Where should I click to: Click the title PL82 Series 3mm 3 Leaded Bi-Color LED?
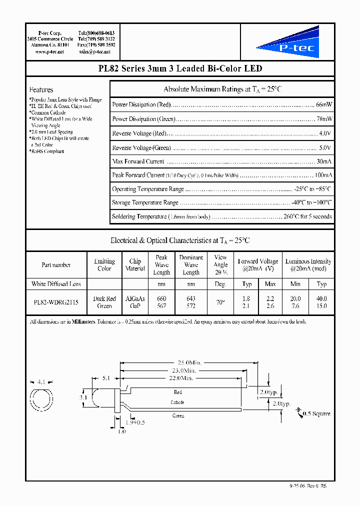pos(179,68)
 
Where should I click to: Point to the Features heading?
pos(41,90)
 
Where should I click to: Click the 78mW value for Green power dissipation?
pos(324,119)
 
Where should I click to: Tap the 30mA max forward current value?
pos(324,161)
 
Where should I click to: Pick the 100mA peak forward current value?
pos(323,175)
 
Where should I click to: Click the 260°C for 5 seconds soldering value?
pos(306,217)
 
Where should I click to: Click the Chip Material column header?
pos(135,265)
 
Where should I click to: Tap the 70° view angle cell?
pos(220,302)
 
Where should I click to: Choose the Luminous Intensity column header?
pos(308,265)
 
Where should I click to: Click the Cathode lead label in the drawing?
pos(177,402)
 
